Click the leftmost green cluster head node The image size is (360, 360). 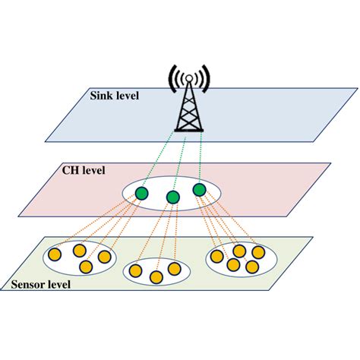pos(142,194)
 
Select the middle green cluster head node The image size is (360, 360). pos(173,198)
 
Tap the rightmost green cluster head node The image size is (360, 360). pos(199,189)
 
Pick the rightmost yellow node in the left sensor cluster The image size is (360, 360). pos(105,257)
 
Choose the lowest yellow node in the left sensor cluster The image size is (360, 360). pos(85,267)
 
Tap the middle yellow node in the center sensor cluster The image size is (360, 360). pos(156,277)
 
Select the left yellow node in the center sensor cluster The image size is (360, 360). pos(137,269)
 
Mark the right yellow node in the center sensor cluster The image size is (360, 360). pos(174,269)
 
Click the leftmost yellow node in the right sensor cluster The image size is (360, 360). pos(218,257)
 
